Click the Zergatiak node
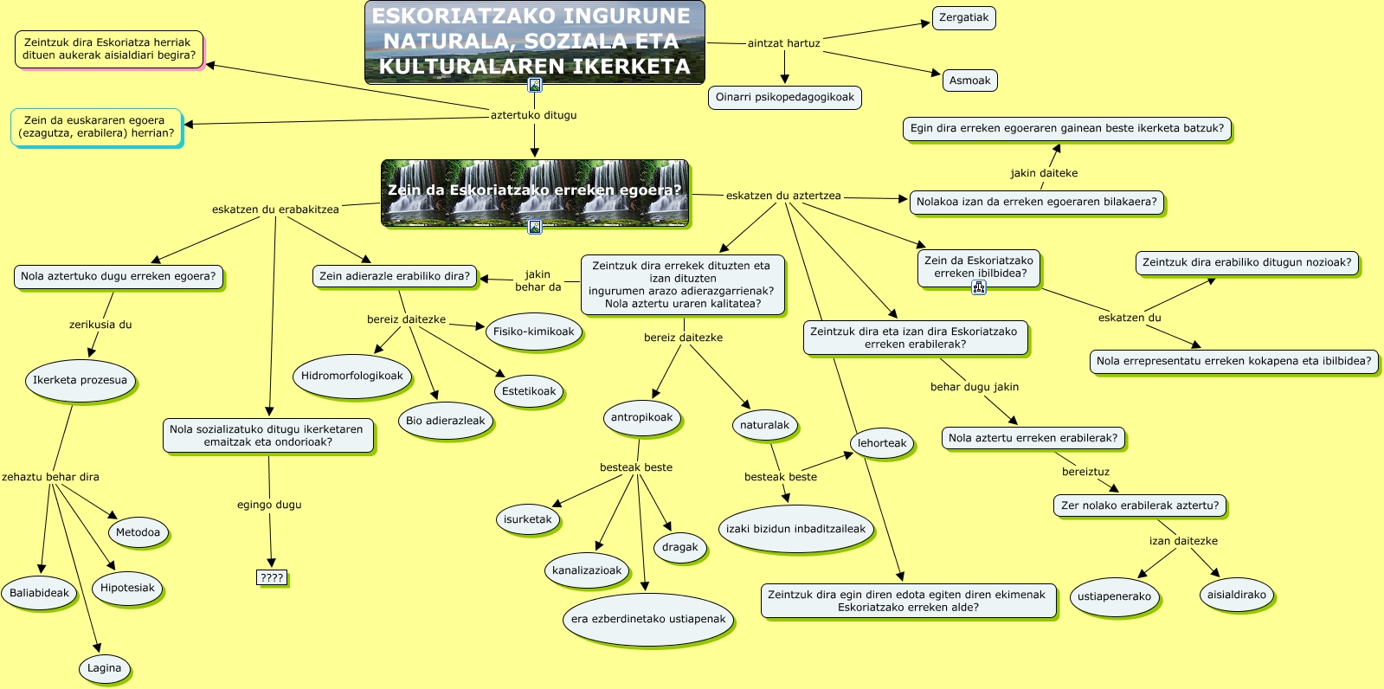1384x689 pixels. pyautogui.click(x=963, y=18)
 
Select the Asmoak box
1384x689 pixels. pyautogui.click(x=969, y=80)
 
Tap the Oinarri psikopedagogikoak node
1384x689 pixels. pyautogui.click(x=784, y=98)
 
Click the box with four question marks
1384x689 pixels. pyautogui.click(x=272, y=577)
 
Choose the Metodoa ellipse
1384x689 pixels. pyautogui.click(x=138, y=533)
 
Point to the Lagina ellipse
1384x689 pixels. pyautogui.click(x=104, y=668)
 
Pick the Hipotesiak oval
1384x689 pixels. pyautogui.click(x=127, y=589)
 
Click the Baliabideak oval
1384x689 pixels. pyautogui.click(x=39, y=594)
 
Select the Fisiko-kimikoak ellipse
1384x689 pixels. pyautogui.click(x=534, y=332)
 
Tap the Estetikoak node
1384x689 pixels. pyautogui.click(x=529, y=391)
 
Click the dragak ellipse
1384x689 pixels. pyautogui.click(x=680, y=547)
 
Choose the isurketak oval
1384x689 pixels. pyautogui.click(x=527, y=519)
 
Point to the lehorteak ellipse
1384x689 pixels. pyautogui.click(x=882, y=444)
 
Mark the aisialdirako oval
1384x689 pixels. pyautogui.click(x=1236, y=596)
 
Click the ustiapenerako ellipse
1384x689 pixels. pyautogui.click(x=1114, y=596)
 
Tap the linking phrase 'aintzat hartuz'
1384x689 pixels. pyautogui.click(x=783, y=43)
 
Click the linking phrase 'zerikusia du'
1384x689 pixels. pyautogui.click(x=100, y=325)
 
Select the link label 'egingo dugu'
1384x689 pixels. pyautogui.click(x=269, y=505)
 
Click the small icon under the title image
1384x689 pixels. pyautogui.click(x=535, y=85)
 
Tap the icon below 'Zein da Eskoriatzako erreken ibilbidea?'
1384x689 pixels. pyautogui.click(x=979, y=288)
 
